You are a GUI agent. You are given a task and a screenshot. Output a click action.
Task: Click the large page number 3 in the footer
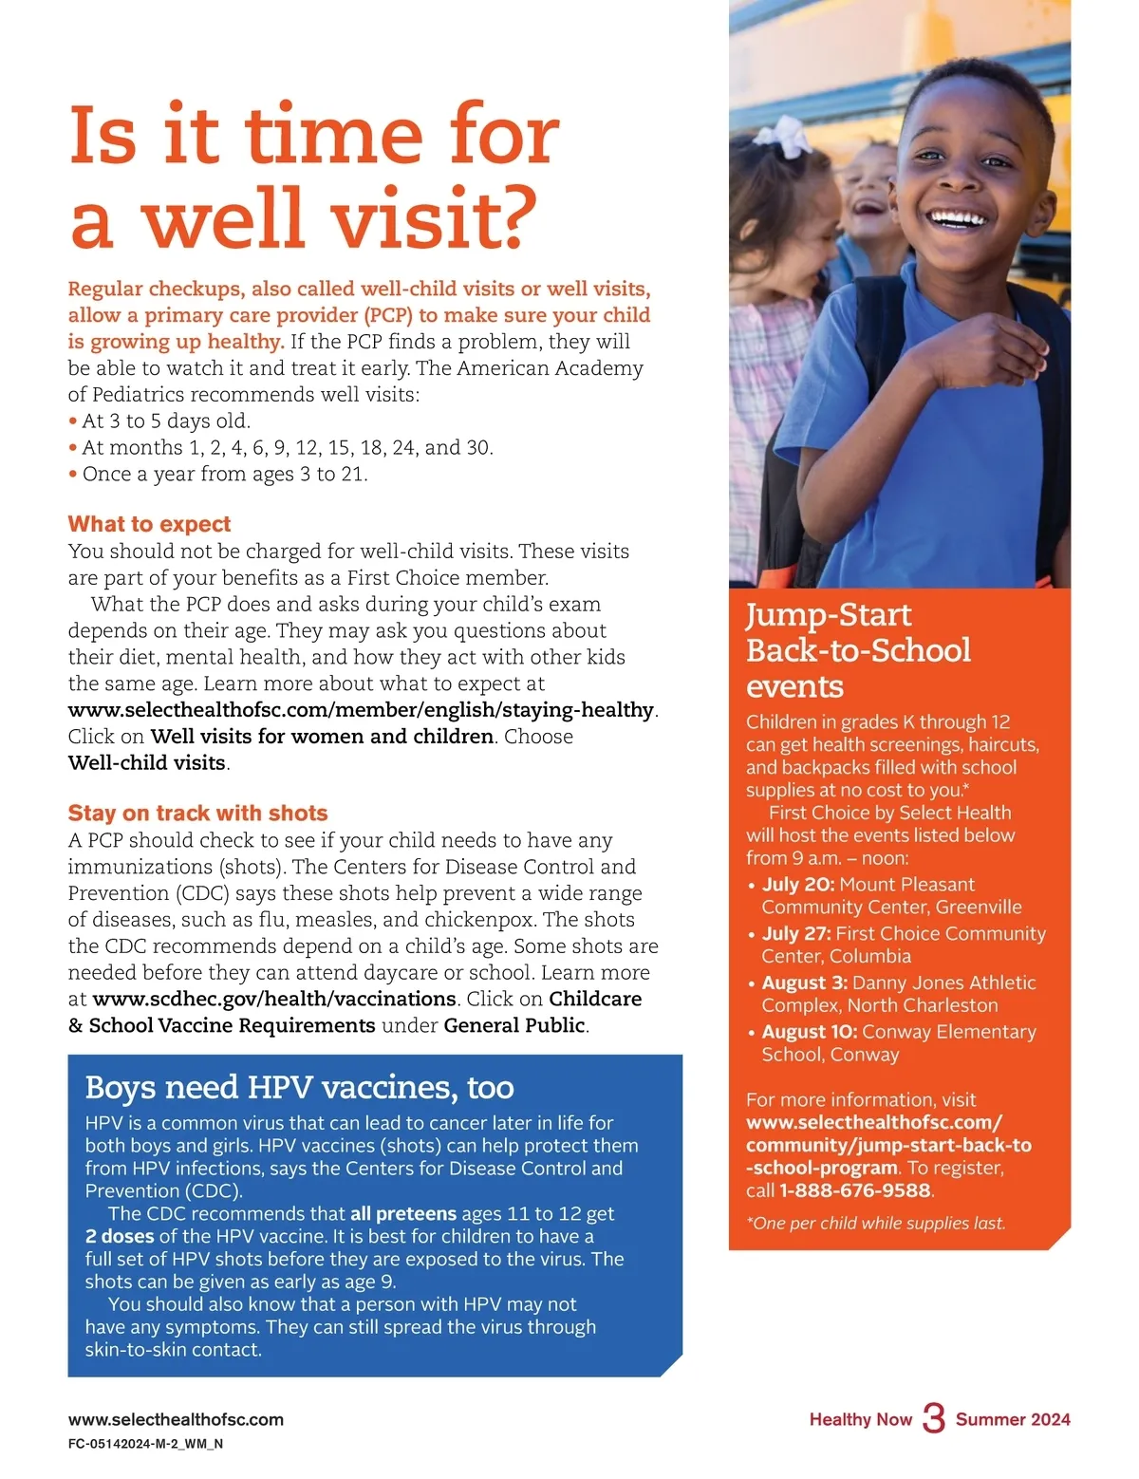click(x=933, y=1418)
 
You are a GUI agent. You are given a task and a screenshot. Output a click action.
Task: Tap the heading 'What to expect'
click(x=149, y=524)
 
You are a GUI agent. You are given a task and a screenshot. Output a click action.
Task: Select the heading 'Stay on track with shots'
click(x=197, y=813)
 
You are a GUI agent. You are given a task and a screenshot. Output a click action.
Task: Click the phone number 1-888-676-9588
click(x=855, y=1190)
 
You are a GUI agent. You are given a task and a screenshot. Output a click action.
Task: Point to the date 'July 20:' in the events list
click(x=798, y=885)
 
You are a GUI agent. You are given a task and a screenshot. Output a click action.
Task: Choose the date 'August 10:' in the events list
click(x=810, y=1032)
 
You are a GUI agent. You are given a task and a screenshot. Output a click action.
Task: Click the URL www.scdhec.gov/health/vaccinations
click(x=274, y=999)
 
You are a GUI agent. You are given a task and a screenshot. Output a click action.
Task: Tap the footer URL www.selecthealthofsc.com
click(x=176, y=1419)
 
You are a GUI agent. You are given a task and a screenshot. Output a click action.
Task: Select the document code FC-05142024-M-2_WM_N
click(x=145, y=1444)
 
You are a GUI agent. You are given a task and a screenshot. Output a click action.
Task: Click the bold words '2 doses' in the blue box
click(x=120, y=1236)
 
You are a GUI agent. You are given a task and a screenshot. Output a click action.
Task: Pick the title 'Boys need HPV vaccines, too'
click(x=299, y=1087)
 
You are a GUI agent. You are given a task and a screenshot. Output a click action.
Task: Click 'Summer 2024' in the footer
click(x=1013, y=1419)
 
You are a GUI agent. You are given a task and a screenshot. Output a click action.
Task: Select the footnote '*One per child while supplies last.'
click(x=875, y=1223)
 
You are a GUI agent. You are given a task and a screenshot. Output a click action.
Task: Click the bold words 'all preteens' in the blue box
click(x=403, y=1213)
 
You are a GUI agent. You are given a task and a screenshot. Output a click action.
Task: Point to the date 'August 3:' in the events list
click(x=804, y=983)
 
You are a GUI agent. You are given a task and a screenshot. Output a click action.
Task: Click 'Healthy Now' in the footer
click(x=860, y=1419)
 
